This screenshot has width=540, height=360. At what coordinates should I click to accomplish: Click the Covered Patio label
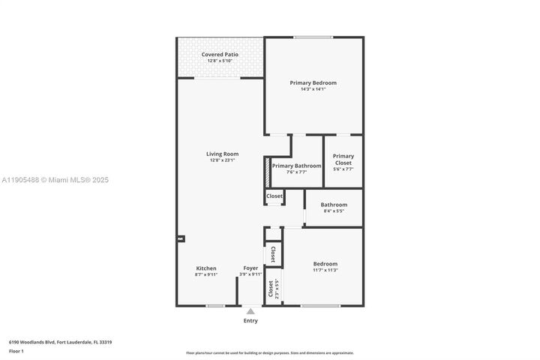click(x=220, y=55)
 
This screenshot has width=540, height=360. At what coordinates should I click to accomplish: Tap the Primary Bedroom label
click(x=313, y=82)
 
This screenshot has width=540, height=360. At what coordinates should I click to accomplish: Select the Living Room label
click(x=222, y=154)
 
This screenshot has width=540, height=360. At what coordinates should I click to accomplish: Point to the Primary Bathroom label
click(x=296, y=166)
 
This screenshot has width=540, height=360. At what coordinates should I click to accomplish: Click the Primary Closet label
click(x=343, y=160)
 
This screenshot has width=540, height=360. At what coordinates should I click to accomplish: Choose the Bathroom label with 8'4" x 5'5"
click(x=334, y=205)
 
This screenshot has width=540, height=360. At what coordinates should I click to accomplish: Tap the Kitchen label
click(x=206, y=268)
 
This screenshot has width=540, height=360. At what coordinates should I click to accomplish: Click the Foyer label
click(x=250, y=268)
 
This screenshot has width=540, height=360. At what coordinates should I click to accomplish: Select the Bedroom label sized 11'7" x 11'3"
click(x=325, y=264)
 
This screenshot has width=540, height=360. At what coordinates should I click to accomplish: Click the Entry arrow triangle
click(x=250, y=310)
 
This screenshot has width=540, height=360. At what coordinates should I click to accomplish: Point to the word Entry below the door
click(x=250, y=321)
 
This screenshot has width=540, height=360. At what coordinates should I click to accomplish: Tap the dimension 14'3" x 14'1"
click(x=313, y=89)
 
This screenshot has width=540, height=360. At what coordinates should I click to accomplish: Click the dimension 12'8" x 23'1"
click(x=222, y=160)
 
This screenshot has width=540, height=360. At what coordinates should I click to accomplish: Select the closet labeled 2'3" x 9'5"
click(x=274, y=289)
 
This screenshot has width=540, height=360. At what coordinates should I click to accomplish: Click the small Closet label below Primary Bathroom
click(x=274, y=196)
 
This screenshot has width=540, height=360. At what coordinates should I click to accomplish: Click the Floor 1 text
click(x=16, y=350)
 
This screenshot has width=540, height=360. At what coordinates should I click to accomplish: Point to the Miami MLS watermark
click(x=55, y=180)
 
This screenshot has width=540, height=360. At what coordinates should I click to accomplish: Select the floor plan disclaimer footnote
click(x=270, y=352)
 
